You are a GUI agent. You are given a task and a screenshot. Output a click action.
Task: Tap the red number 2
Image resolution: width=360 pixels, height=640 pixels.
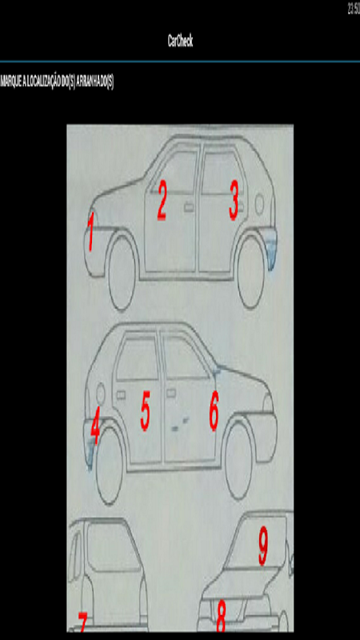click(x=162, y=200)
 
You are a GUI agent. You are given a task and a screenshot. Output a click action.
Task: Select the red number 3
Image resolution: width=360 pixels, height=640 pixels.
click(x=234, y=201)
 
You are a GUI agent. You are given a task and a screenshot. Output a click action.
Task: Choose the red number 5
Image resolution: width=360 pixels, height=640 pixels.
click(x=146, y=410)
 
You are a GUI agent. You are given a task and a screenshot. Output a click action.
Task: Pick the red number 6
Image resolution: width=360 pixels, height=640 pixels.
click(x=214, y=410)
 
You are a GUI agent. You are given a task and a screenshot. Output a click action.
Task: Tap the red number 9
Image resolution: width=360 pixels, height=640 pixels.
click(x=263, y=546)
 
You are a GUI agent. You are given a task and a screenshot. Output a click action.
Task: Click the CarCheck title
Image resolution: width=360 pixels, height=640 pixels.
click(x=180, y=41)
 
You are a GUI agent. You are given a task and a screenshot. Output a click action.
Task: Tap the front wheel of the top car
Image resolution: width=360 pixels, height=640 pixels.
click(x=122, y=272)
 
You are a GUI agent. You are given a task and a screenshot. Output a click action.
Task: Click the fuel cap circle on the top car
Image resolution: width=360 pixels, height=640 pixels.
click(x=259, y=203)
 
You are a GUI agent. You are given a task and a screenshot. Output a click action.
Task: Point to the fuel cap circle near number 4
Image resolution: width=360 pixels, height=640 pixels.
click(x=100, y=394)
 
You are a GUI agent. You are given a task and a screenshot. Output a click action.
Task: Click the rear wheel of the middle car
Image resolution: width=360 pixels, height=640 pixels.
click(x=110, y=466)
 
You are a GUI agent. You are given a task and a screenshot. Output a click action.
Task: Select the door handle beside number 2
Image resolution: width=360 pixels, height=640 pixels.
click(x=189, y=207)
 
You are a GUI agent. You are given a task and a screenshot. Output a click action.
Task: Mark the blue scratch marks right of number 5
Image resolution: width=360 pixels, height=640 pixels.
click(x=180, y=424)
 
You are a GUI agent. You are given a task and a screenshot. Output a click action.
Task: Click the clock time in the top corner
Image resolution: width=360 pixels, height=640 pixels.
click(x=354, y=9)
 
